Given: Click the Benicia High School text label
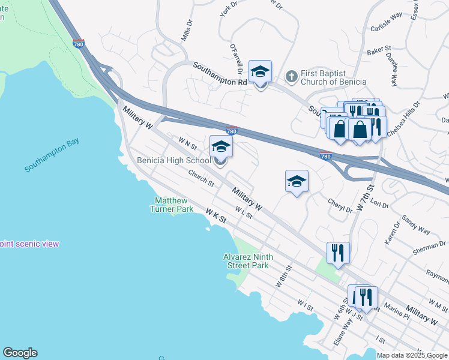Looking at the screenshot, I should [x=173, y=160].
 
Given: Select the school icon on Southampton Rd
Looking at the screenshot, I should [x=260, y=72].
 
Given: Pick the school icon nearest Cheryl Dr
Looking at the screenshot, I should [x=297, y=181].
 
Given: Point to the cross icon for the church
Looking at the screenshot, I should [x=291, y=76].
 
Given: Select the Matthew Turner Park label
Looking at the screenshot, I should [x=173, y=205].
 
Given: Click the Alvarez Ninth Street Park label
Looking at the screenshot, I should [x=248, y=261].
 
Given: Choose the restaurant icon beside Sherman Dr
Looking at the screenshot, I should [x=338, y=253].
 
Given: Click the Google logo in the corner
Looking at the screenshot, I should [x=20, y=353].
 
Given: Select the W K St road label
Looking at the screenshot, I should [x=215, y=216].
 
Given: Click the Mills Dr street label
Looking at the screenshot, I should [x=187, y=31].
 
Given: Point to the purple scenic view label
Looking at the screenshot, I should [x=29, y=244].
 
